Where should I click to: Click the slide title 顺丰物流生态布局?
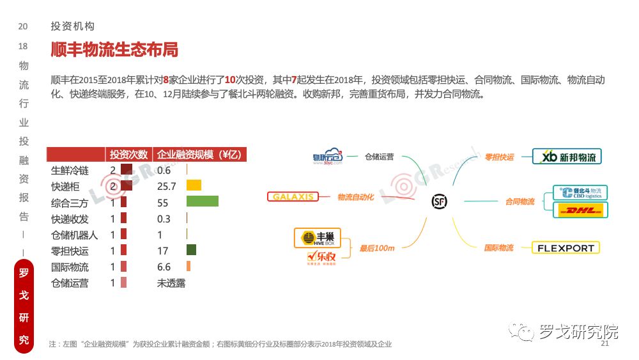click(114, 50)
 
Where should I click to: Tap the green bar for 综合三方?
click(203, 201)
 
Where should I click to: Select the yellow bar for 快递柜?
click(194, 185)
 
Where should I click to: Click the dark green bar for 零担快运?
click(191, 250)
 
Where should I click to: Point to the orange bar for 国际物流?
click(189, 267)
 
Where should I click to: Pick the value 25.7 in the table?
click(166, 186)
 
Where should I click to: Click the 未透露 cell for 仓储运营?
click(171, 283)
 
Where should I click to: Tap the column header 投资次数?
click(128, 155)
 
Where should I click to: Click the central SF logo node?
click(440, 201)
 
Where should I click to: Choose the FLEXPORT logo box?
click(566, 247)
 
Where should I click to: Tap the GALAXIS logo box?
click(293, 196)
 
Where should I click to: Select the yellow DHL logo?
click(580, 210)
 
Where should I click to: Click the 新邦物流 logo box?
click(567, 157)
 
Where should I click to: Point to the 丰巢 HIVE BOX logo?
click(318, 238)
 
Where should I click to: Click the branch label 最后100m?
click(376, 247)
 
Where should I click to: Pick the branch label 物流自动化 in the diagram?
click(355, 197)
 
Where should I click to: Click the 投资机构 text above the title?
click(73, 26)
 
